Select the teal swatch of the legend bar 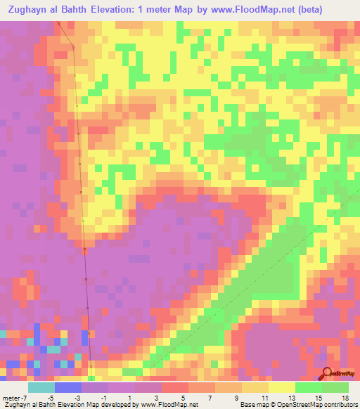[41, 387]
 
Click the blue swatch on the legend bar [68, 387]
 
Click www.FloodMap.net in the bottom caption [168, 404]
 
